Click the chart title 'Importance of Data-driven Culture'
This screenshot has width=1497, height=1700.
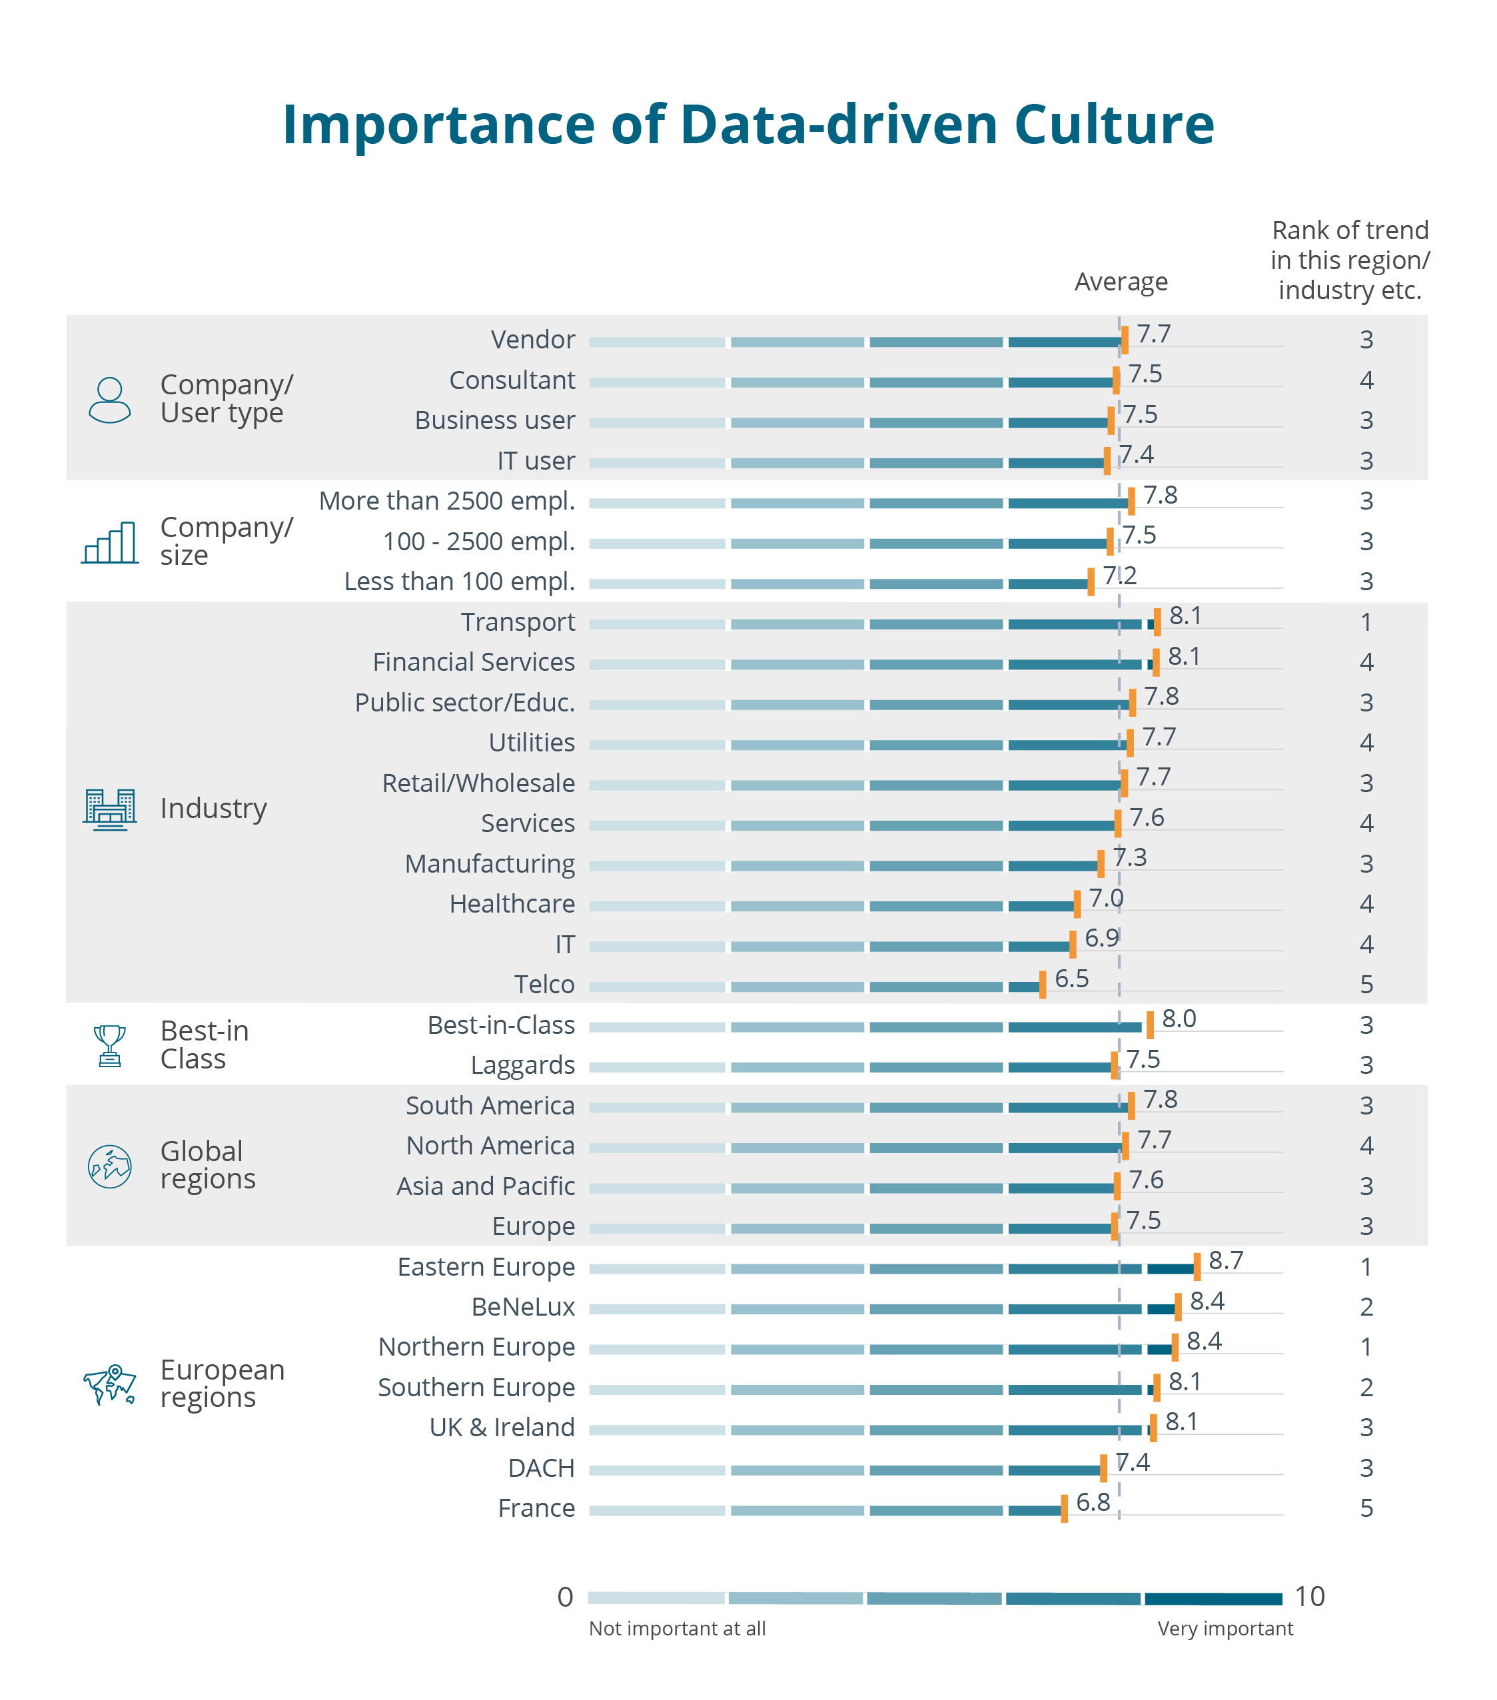tap(748, 125)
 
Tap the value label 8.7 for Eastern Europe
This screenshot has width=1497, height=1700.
tap(1225, 1260)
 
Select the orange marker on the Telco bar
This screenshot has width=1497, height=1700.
tap(1042, 984)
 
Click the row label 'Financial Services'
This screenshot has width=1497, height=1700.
tap(473, 662)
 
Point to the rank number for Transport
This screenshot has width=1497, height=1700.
tap(1366, 622)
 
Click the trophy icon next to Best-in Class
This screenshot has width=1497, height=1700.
tap(110, 1045)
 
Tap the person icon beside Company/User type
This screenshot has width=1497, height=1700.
tap(110, 400)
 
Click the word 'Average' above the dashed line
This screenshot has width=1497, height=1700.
tap(1121, 282)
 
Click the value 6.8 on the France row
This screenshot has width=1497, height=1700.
tap(1092, 1502)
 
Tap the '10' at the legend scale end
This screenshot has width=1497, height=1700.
tap(1309, 1597)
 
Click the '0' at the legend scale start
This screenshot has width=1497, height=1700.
tap(565, 1597)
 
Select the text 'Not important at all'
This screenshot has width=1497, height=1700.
tap(677, 1629)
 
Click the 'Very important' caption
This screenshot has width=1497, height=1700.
tap(1225, 1629)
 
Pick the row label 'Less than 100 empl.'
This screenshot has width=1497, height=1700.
tap(459, 582)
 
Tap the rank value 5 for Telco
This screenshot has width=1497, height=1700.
tap(1366, 985)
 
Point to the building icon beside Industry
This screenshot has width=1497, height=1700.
tap(110, 809)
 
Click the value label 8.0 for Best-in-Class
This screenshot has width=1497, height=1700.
tap(1179, 1019)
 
